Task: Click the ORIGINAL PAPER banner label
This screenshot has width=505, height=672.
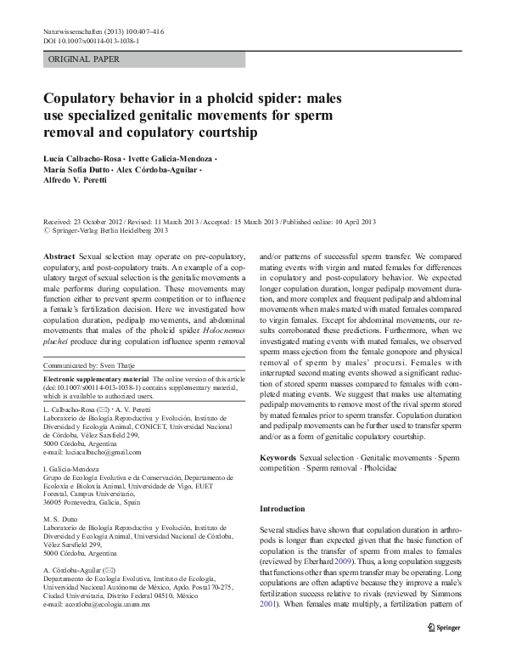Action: pyautogui.click(x=84, y=59)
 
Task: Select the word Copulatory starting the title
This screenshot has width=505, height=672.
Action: pyautogui.click(x=86, y=99)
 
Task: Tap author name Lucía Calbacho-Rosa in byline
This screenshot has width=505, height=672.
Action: pyautogui.click(x=90, y=159)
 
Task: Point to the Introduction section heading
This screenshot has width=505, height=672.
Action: pyautogui.click(x=282, y=508)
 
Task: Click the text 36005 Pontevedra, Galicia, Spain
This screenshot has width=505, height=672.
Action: pyautogui.click(x=93, y=502)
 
